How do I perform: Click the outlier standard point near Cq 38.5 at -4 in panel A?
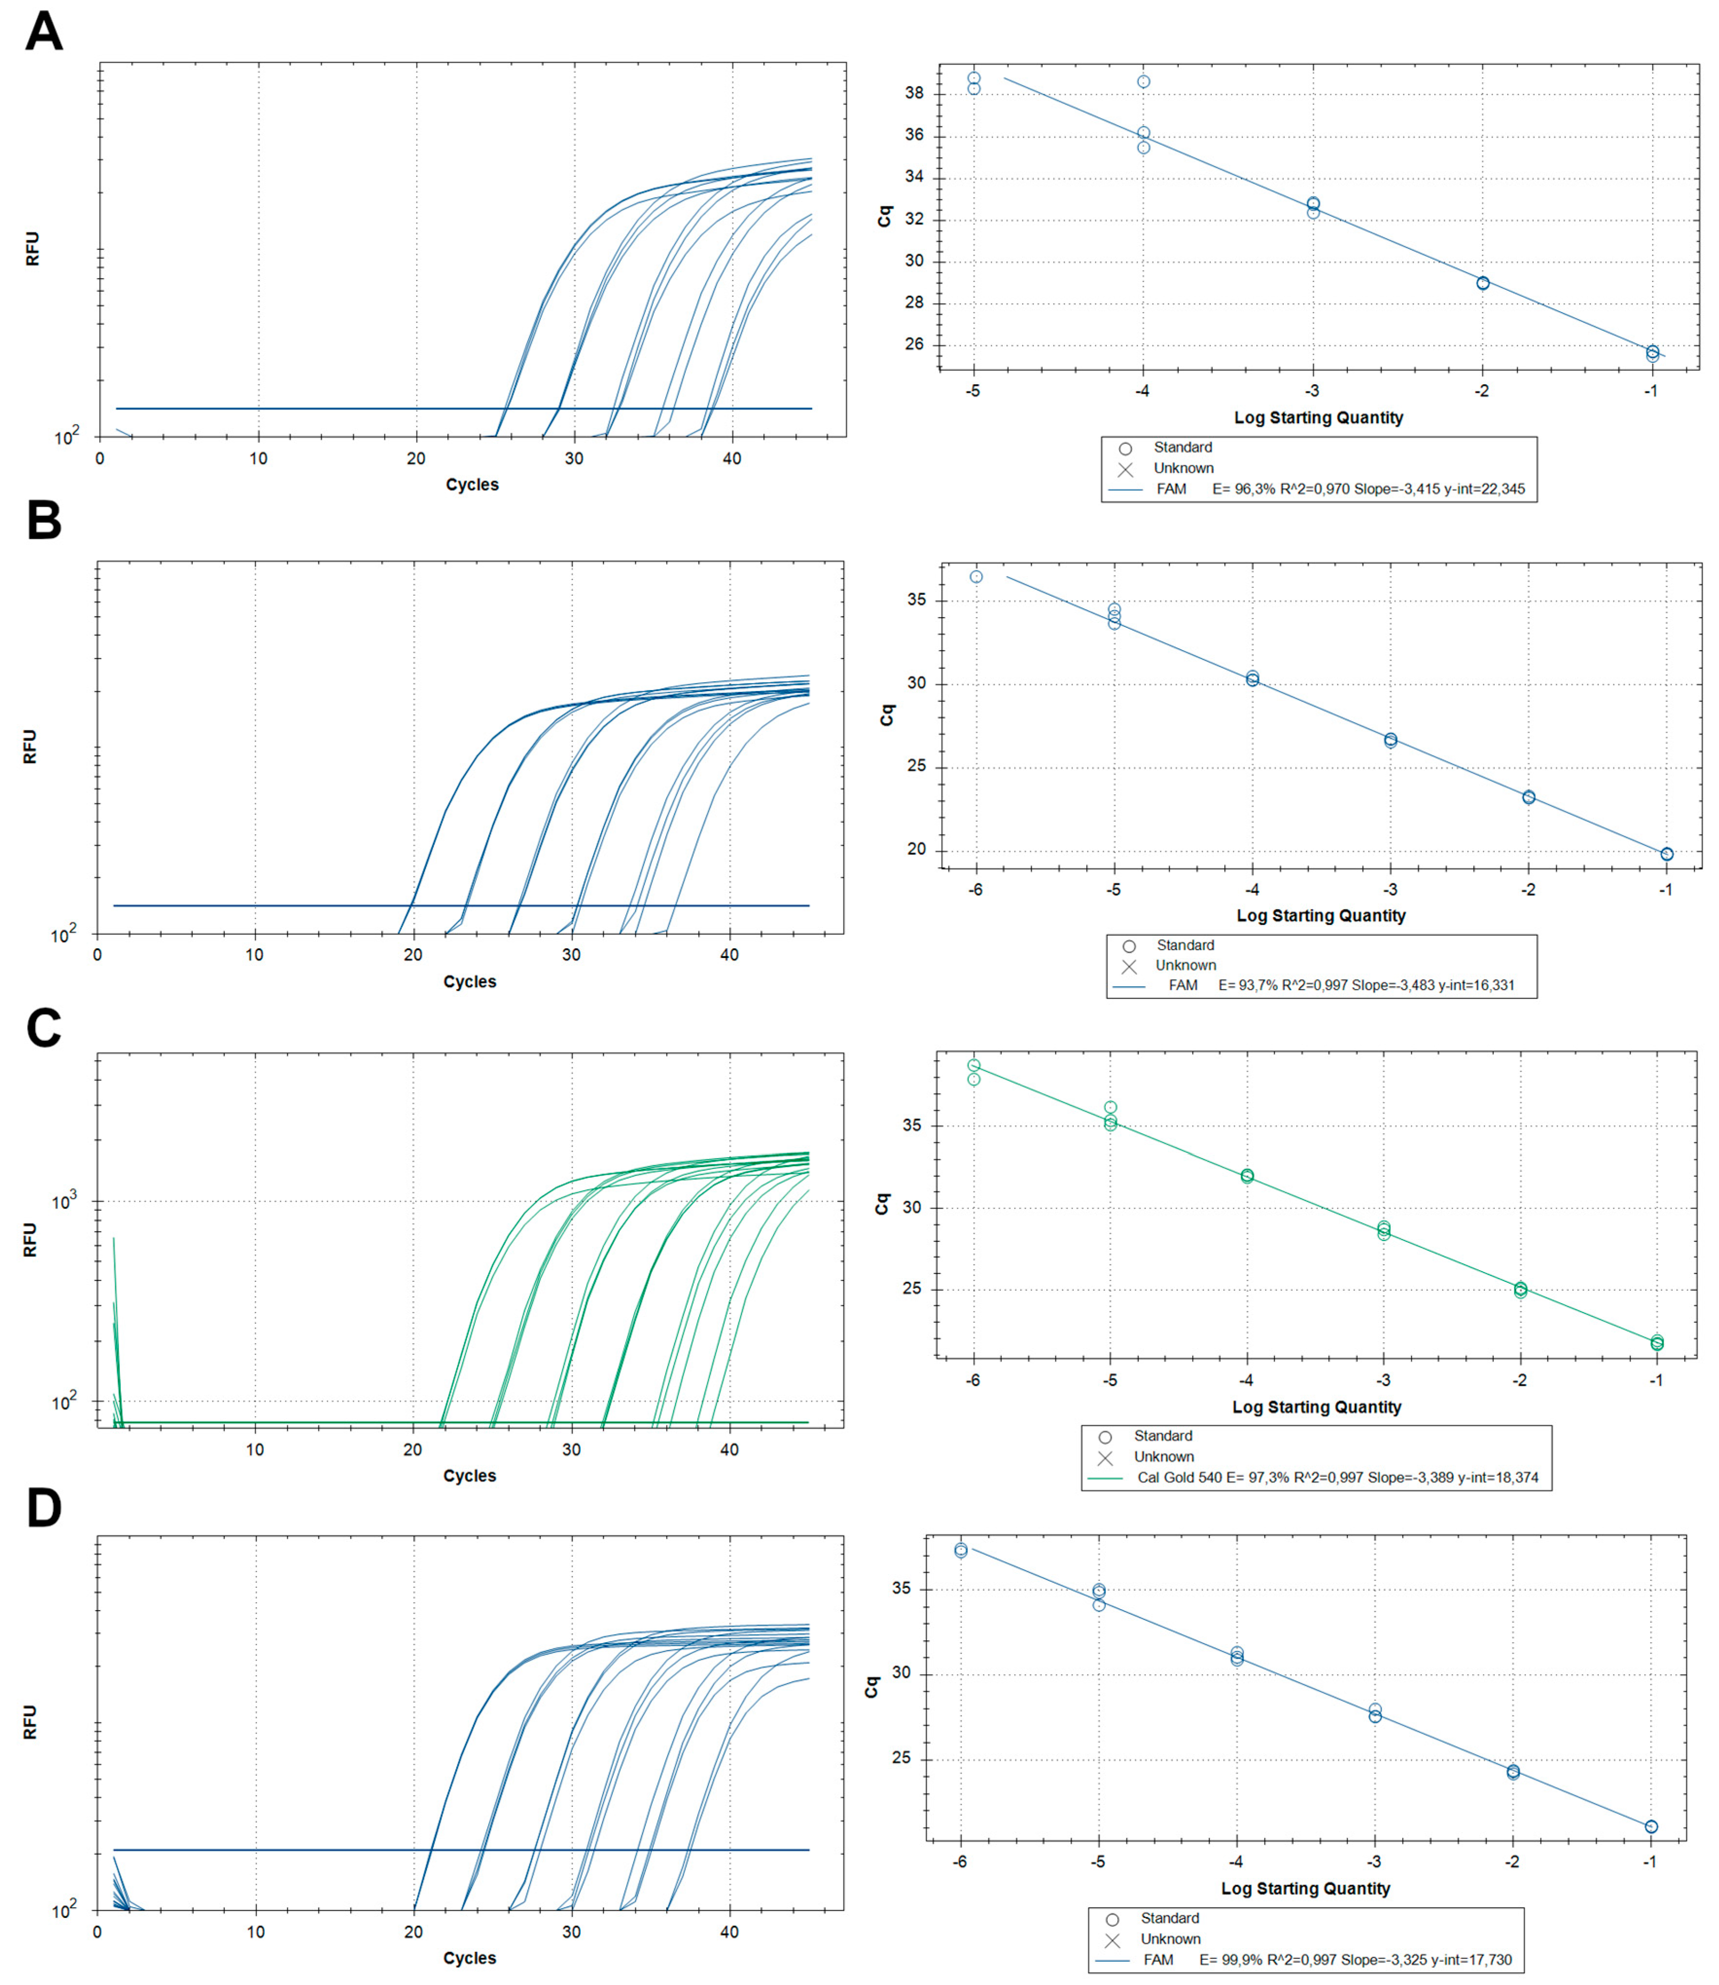1143,82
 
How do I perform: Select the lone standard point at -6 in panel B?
976,577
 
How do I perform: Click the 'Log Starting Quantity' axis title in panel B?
1321,915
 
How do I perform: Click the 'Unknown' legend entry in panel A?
1183,468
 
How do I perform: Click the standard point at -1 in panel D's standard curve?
1651,1826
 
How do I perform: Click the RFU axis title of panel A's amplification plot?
32,248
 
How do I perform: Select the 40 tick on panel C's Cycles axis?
729,1450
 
